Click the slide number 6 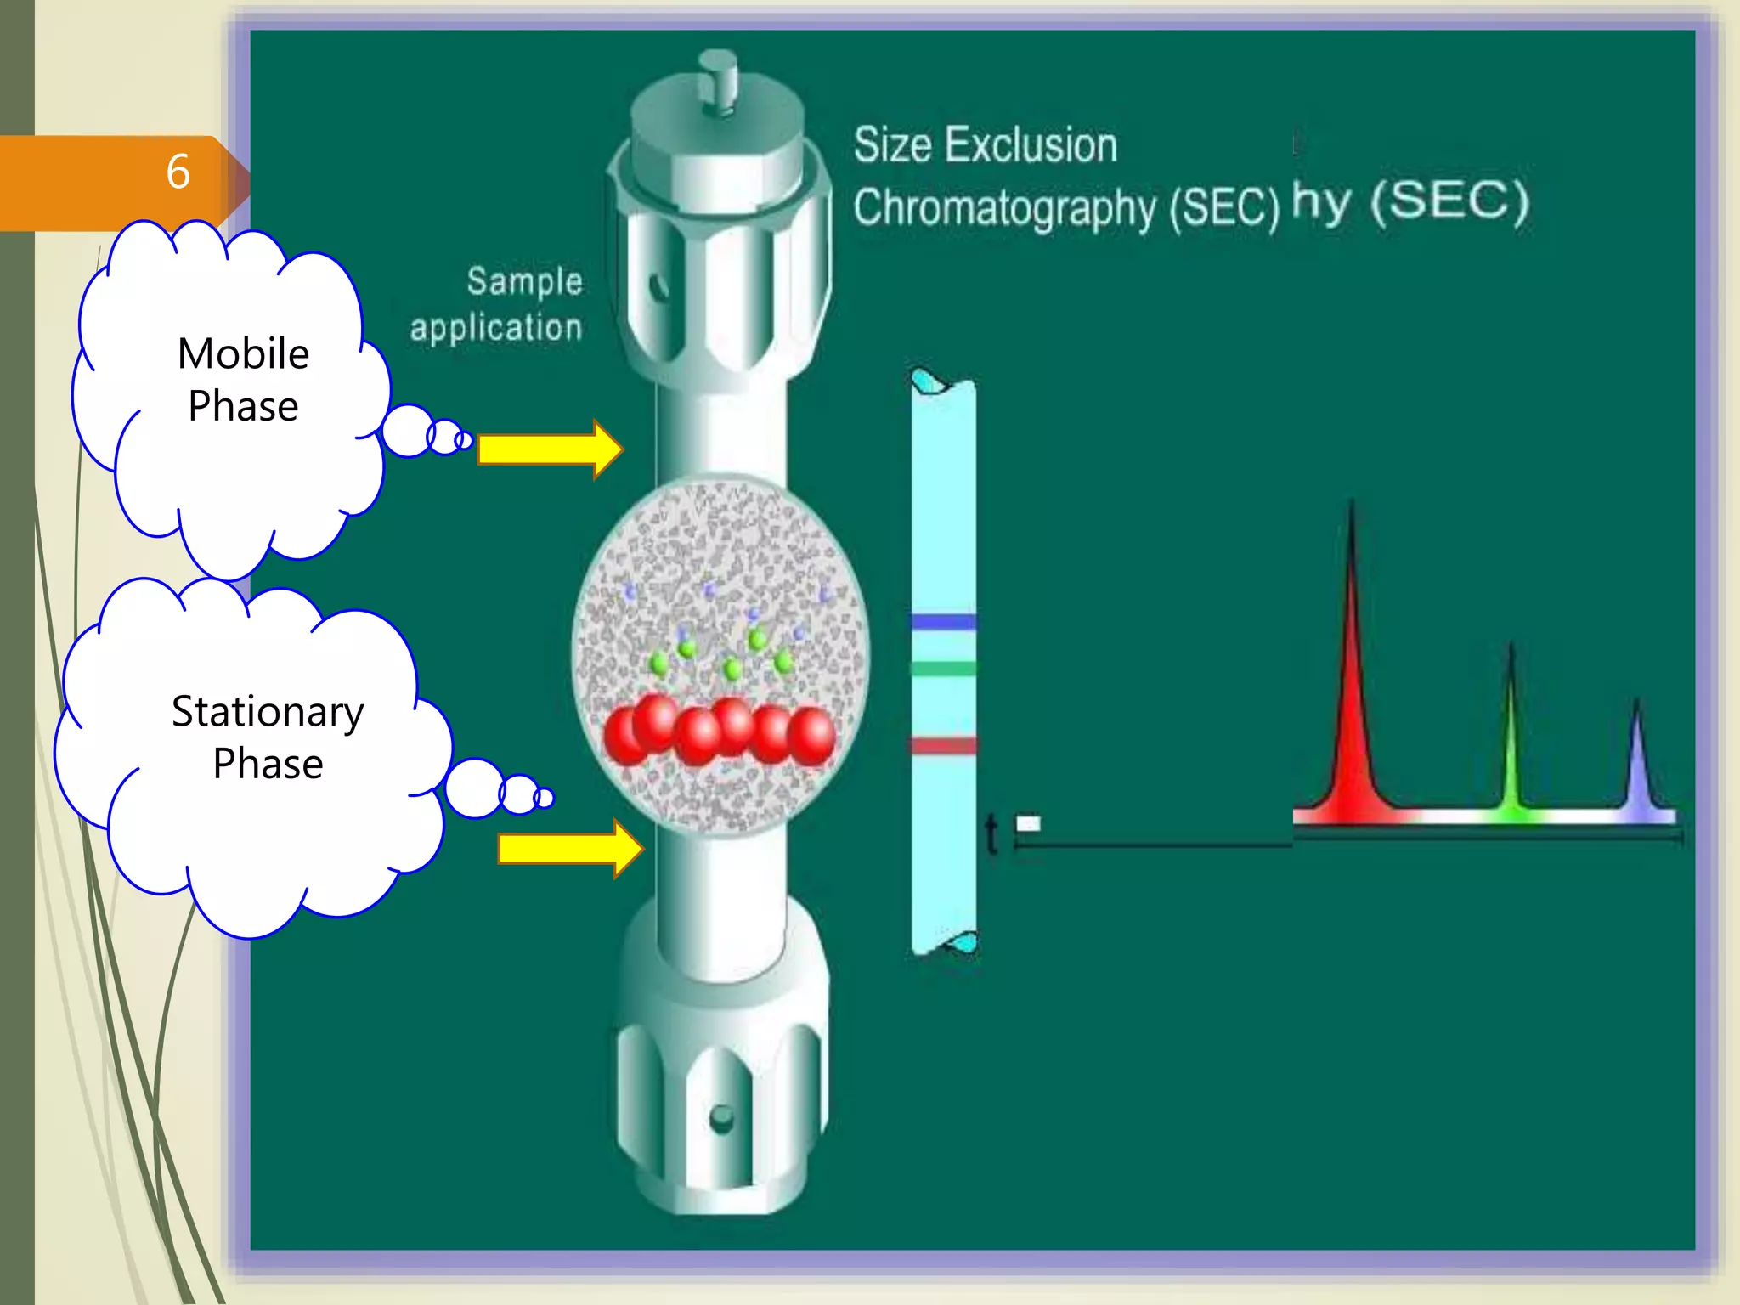[x=178, y=172]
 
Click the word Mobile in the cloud [x=243, y=353]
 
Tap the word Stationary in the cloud [x=268, y=712]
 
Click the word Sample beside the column [x=524, y=282]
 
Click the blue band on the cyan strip [x=944, y=622]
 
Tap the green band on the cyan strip [x=944, y=669]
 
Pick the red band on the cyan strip [x=944, y=746]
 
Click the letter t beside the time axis [x=991, y=834]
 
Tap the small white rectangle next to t [x=1028, y=822]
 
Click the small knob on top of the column [x=719, y=81]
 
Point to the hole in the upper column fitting [x=658, y=286]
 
